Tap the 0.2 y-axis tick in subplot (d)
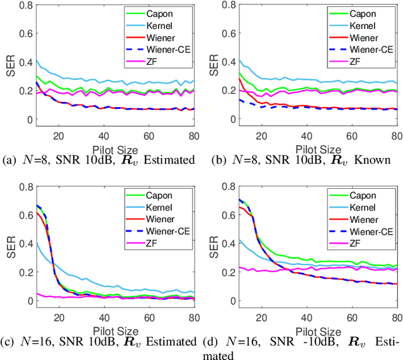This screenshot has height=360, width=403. click(x=224, y=273)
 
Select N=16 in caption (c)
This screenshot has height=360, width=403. click(x=37, y=342)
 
